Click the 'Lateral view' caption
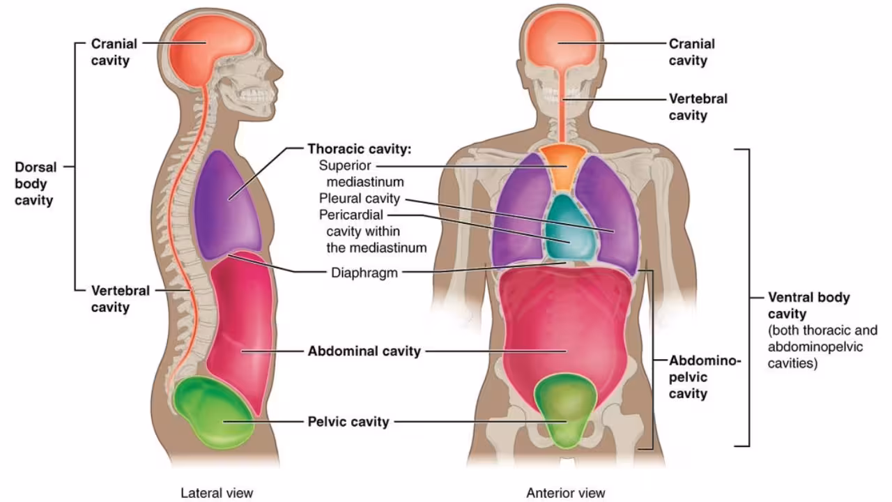217,493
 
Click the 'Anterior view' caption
566,493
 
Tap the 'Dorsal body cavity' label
34,184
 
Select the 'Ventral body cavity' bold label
808,305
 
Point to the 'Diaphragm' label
364,273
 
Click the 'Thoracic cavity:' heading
360,149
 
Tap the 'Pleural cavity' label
360,198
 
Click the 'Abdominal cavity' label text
364,351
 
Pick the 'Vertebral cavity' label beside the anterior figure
698,107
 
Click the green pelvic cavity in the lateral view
213,411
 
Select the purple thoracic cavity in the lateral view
226,202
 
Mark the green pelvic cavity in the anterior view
565,408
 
